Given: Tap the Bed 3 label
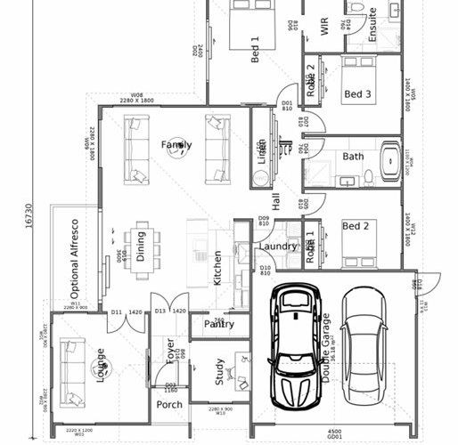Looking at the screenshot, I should pos(357,93).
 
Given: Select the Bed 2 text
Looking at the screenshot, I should pos(356,226).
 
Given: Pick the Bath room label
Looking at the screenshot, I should pos(354,157).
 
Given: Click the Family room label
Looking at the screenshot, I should pos(176,144).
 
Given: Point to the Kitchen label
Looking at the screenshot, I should pos(217,267).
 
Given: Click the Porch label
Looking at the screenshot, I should pos(169,404).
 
